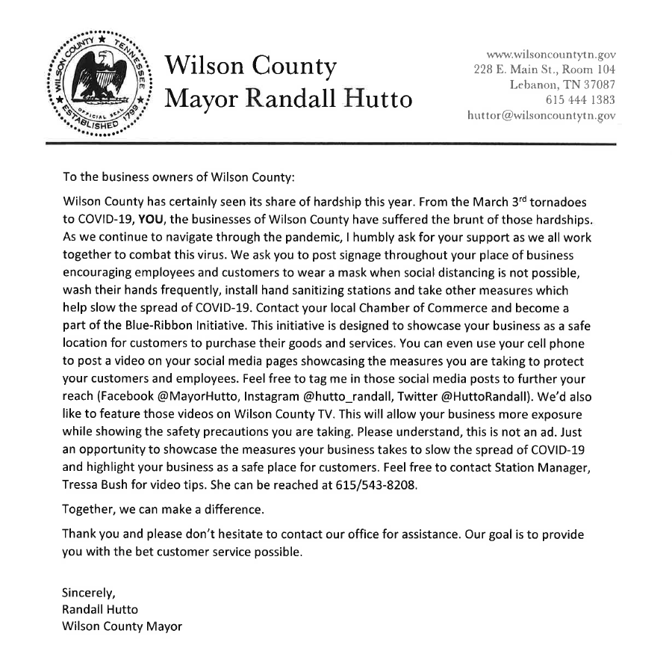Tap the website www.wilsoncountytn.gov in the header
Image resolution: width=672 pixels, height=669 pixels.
point(551,55)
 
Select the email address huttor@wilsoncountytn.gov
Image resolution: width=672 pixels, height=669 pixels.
point(541,115)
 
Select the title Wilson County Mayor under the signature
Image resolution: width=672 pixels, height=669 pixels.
point(122,626)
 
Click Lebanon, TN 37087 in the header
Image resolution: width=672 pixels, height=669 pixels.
point(562,84)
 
